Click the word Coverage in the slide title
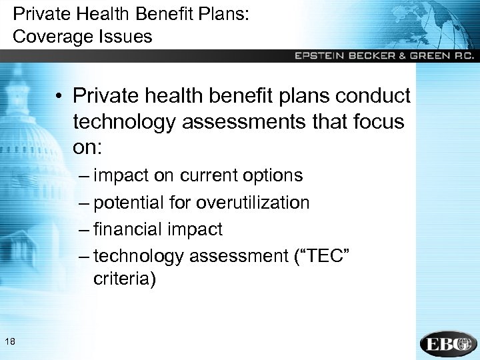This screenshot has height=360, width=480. [x=55, y=36]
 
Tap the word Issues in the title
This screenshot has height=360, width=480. [x=127, y=36]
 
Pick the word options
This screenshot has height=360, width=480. [x=274, y=176]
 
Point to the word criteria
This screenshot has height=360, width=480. [x=125, y=279]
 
